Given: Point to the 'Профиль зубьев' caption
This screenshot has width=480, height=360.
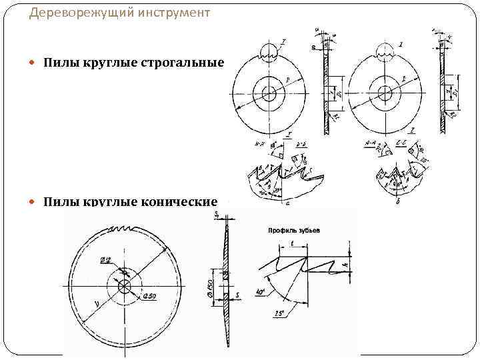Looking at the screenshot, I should tap(294, 230).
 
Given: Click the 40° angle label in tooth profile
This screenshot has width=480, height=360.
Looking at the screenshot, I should tap(261, 291).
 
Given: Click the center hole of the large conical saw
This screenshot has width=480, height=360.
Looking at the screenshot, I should tap(125, 286).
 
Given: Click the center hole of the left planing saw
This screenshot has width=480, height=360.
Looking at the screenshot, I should tap(269, 92).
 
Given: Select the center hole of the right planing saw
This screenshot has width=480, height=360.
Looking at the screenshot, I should tap(384, 92).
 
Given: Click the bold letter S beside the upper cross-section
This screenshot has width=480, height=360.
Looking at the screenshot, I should tap(313, 47).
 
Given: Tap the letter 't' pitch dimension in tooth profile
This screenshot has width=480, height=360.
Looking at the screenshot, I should tap(293, 245).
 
